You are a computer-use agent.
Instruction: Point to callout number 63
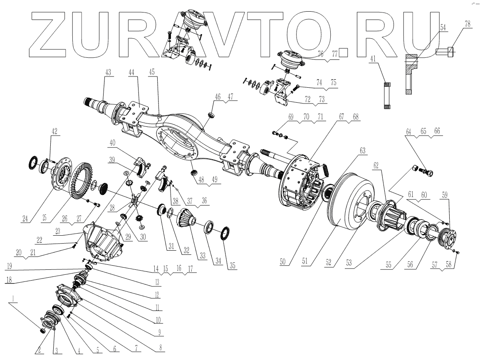point(362,150)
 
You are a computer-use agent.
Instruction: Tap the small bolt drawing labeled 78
point(445,52)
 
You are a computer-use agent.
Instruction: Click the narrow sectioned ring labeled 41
point(387,96)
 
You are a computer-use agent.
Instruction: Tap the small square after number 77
point(343,53)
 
